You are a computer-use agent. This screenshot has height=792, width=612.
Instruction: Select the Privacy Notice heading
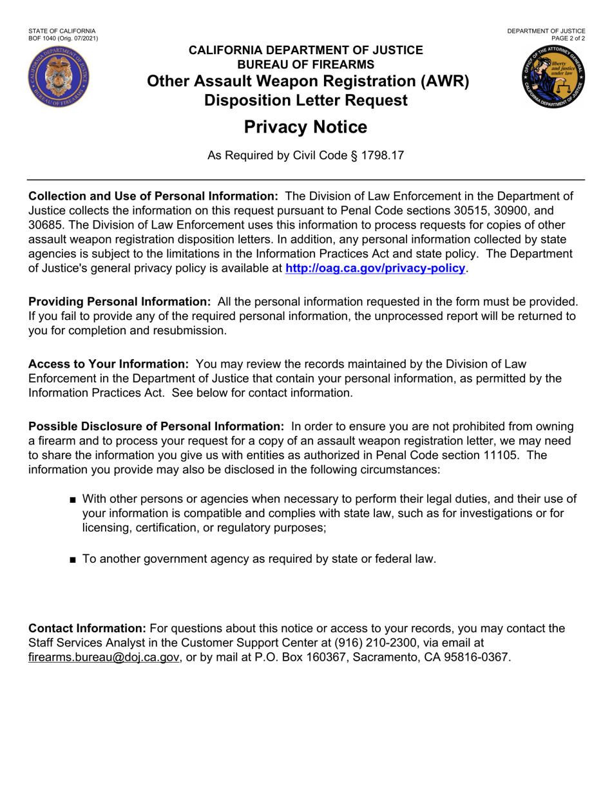[x=305, y=127]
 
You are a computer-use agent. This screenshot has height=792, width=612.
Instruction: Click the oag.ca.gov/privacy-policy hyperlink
[x=375, y=268]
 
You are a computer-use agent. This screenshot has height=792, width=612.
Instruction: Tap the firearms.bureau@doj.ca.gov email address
[x=104, y=657]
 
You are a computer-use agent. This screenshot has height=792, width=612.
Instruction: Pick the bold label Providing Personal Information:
[x=120, y=302]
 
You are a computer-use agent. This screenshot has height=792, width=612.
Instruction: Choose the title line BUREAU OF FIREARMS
[x=305, y=64]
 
